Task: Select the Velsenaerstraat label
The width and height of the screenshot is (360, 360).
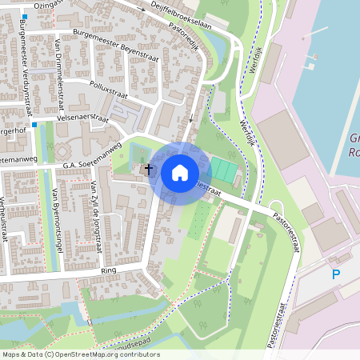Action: (x=82, y=118)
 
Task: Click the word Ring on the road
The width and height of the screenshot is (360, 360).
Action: (x=109, y=272)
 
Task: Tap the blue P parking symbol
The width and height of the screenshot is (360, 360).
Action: (x=336, y=274)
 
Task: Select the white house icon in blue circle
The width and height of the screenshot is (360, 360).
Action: (x=180, y=173)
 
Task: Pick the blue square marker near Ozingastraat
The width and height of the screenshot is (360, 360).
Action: (x=25, y=16)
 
